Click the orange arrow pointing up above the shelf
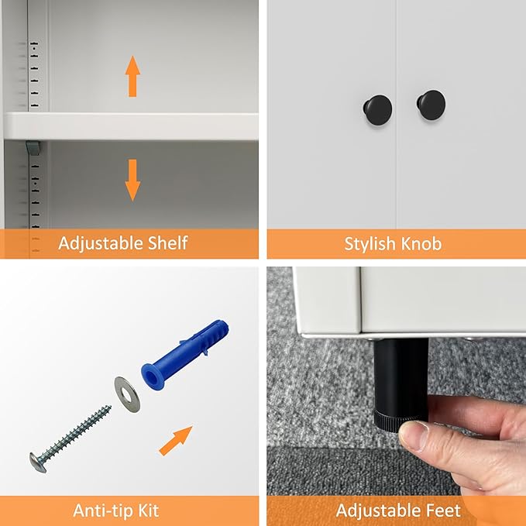coord(132,76)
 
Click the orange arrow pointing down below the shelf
coord(132,180)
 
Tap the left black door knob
coord(378,110)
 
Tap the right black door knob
coord(431,105)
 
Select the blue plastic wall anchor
coord(185,354)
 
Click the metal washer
coord(127,394)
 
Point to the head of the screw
coord(37,463)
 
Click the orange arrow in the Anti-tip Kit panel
coord(175,441)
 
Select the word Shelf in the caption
coord(168,243)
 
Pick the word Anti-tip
coord(98,511)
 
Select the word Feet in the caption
coord(443,511)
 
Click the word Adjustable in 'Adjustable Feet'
coord(379,511)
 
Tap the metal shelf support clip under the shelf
coord(33,148)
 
